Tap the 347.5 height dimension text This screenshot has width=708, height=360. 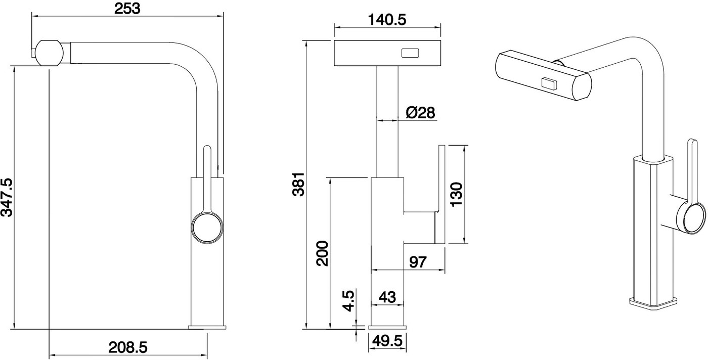click(7, 197)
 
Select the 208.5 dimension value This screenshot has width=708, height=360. click(128, 348)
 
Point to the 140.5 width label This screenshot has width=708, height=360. click(387, 20)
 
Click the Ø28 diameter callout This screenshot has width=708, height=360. click(420, 113)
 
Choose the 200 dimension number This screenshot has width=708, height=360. click(323, 253)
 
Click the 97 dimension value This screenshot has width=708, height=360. click(418, 262)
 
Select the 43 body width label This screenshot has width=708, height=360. click(387, 297)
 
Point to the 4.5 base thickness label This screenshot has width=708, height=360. click(349, 301)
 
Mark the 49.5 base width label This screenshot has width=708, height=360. click(387, 341)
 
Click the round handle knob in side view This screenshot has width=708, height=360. click(207, 228)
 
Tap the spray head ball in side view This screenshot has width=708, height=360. click(50, 53)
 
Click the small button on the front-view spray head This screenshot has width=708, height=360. click(410, 53)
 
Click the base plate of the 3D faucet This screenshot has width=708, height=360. click(653, 303)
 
